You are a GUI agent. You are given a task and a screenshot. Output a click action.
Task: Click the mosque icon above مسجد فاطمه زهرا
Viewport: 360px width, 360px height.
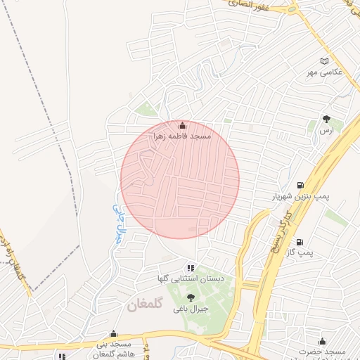pos(184,126)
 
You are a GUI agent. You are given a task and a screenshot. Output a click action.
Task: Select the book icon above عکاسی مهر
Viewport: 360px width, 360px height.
pos(323,61)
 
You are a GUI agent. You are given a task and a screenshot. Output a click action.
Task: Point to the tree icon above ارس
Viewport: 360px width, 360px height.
pos(326,119)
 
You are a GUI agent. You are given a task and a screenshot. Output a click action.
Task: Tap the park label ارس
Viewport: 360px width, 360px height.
pos(325,131)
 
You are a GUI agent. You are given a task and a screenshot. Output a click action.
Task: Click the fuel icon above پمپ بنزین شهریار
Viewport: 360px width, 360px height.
pos(302,185)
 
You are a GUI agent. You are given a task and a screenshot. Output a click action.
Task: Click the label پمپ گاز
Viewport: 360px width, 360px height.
pos(304,251)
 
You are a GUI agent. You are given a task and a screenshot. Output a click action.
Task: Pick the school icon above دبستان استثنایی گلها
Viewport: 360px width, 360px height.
pos(190,267)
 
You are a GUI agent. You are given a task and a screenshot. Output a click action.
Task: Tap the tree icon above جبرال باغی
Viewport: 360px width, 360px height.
pos(191,297)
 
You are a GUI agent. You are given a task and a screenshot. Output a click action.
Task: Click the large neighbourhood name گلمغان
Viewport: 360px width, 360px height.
pos(146,305)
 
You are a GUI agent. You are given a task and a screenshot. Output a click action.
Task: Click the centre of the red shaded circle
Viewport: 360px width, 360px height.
pos(180,180)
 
